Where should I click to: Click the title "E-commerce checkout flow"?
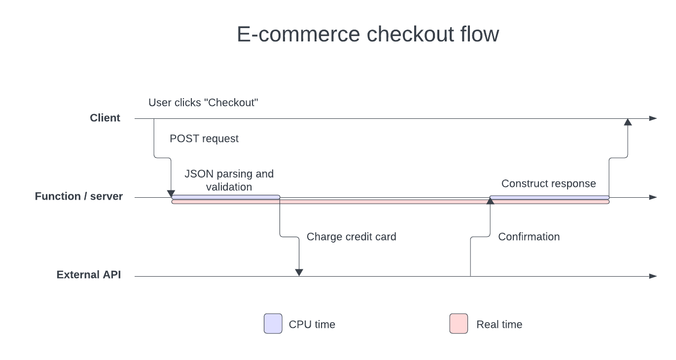coord(368,35)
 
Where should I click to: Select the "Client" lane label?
coord(105,118)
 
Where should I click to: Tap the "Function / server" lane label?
coord(79,196)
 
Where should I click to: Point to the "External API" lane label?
coord(89,275)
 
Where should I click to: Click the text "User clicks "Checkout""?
coord(204,103)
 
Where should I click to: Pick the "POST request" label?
coord(204,139)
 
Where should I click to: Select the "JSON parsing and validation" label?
coord(229,180)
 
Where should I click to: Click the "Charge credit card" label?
coord(351,237)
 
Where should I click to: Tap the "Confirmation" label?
coord(529,237)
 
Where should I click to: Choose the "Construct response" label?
coord(548,184)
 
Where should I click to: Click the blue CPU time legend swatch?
coord(273,324)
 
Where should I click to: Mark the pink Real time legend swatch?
coord(459,324)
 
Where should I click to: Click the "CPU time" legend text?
coord(312,324)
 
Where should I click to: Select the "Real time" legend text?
coord(499,324)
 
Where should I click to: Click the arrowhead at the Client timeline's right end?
coord(653,118)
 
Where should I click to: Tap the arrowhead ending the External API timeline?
coord(653,276)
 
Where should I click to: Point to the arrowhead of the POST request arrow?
coord(171,193)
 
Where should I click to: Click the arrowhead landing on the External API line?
coord(299,272)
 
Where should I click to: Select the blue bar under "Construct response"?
coord(549,197)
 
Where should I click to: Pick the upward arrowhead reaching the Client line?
coord(627,122)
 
